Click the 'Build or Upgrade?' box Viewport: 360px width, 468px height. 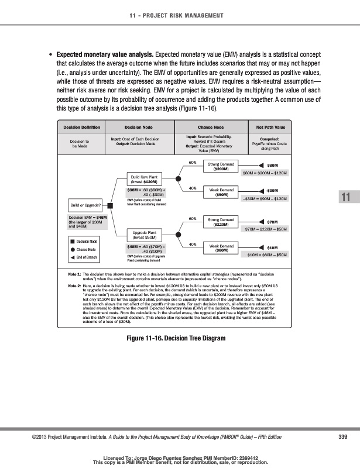85,205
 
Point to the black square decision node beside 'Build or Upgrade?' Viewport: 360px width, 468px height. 111,205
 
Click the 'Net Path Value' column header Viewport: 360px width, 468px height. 271,126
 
